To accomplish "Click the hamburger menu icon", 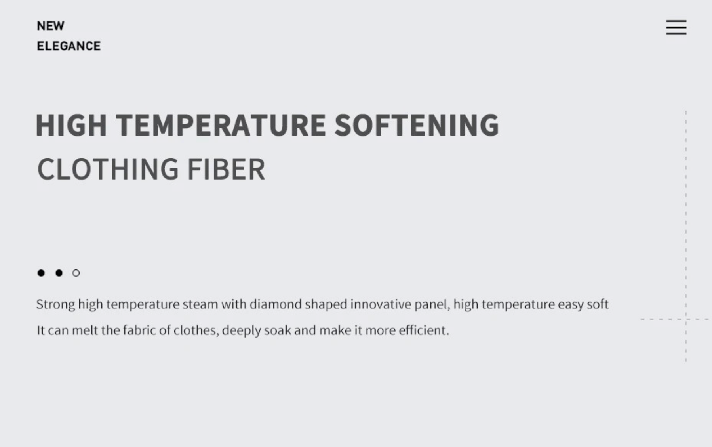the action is [x=676, y=27].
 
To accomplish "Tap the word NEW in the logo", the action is [x=50, y=26].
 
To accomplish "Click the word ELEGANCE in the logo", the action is [x=69, y=46].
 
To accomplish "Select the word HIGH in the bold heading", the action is [x=71, y=125].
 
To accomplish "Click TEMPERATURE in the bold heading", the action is [x=221, y=125].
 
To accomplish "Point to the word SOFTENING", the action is [x=417, y=125].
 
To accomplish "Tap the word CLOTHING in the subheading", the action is [x=108, y=169].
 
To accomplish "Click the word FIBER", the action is [x=226, y=169].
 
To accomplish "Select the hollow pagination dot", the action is [x=76, y=273].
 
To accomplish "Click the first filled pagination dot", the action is [x=41, y=273].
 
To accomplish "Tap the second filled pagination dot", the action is [x=59, y=273].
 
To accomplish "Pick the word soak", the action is [x=277, y=330].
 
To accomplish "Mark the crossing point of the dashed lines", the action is [x=686, y=319].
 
